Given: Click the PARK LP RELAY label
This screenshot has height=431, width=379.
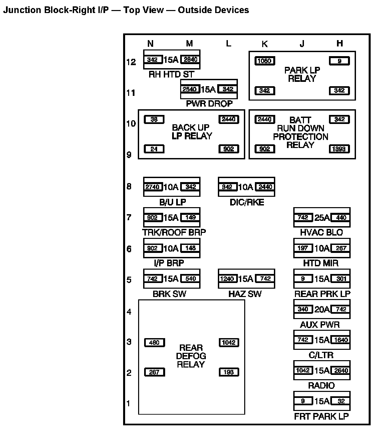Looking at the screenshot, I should [302, 75].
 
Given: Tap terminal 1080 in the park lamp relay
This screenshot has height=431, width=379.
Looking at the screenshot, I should [265, 61].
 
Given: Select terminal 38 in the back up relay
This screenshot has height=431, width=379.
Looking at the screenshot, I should [154, 119].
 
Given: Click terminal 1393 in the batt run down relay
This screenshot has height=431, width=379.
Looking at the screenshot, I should [339, 149].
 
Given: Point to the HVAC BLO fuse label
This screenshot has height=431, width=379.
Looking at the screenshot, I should [321, 232].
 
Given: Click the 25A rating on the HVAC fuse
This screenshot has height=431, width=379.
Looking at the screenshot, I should [322, 218].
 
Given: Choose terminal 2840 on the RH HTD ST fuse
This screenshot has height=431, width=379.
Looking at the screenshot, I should [191, 59].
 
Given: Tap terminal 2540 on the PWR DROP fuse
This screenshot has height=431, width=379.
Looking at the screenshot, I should [190, 89].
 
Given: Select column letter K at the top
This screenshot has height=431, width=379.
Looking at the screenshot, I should [265, 44].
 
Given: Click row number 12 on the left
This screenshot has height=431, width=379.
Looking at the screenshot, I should [131, 62].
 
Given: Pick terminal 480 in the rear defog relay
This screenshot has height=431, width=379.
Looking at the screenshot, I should [154, 342].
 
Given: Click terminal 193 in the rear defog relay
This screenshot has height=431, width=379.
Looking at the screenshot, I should [229, 372].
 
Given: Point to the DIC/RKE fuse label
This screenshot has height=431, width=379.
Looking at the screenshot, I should [247, 202].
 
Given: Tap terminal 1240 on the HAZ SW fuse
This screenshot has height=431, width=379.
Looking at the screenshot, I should [227, 279].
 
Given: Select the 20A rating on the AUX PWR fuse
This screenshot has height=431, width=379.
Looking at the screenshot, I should [322, 309].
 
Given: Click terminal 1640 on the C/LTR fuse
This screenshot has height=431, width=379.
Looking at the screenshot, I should [341, 340].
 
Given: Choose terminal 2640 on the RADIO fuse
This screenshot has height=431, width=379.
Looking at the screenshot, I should [341, 370].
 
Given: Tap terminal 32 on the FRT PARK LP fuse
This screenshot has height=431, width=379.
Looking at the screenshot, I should [341, 401].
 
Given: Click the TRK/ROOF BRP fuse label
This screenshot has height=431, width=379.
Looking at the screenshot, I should [174, 232].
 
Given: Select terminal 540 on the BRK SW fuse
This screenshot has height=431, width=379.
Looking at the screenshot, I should [191, 279].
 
